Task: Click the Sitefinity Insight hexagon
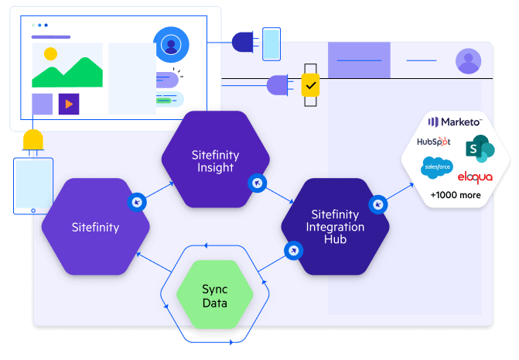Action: click(216, 160)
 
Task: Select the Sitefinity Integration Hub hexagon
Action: click(335, 226)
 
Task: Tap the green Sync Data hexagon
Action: click(215, 296)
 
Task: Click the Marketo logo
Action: click(456, 122)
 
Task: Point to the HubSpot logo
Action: click(434, 142)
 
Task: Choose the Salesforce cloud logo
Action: click(436, 166)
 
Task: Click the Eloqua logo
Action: click(475, 177)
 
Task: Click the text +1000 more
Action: click(456, 195)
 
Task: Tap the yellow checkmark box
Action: click(310, 84)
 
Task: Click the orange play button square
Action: click(69, 104)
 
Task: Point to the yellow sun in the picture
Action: click(50, 54)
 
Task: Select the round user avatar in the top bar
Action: click(468, 60)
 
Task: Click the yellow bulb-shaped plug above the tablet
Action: click(33, 141)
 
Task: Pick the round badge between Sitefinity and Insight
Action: click(137, 201)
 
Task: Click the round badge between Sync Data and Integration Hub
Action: click(293, 251)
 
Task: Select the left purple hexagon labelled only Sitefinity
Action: click(95, 228)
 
